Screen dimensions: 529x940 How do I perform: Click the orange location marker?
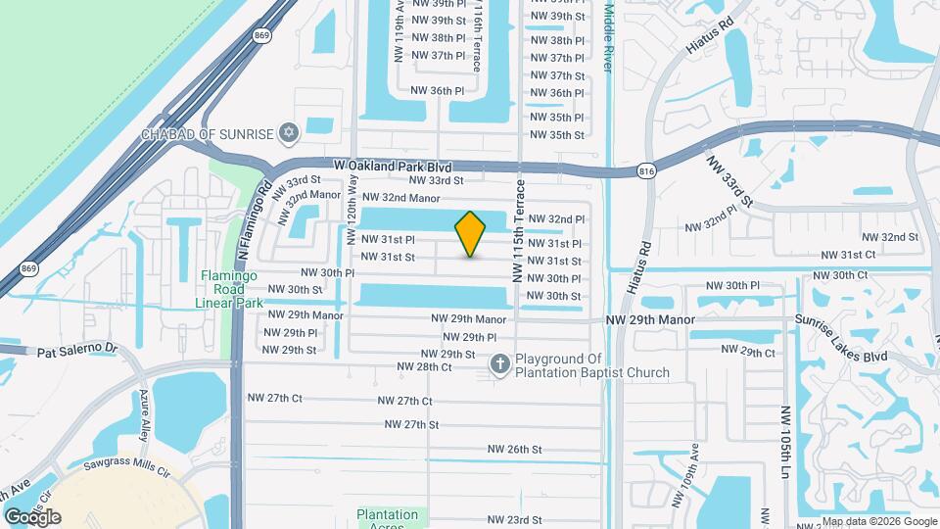pos(471,234)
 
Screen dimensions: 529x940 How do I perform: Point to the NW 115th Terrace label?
pos(519,232)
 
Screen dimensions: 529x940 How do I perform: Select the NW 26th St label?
pos(516,450)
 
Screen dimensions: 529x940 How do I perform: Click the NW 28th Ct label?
pos(424,367)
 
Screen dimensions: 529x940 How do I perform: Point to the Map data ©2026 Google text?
pos(878,521)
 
